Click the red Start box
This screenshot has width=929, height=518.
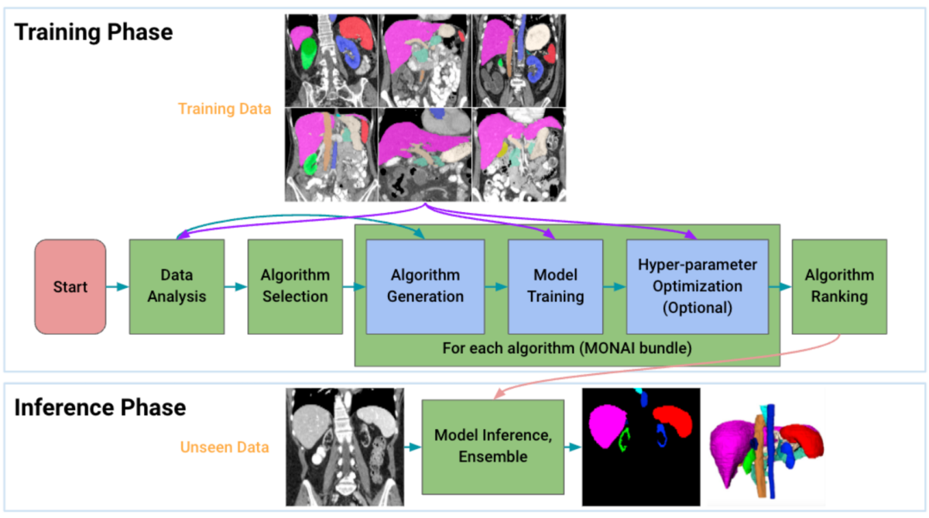70,286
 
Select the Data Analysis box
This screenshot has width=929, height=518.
177,286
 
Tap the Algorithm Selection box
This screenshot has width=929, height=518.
295,286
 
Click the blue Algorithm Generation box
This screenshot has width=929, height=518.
426,286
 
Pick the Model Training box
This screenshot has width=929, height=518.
555,286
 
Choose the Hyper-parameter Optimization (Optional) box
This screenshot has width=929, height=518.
697,286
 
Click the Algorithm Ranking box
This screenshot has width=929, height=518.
839,286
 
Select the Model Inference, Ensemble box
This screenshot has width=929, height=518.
492,447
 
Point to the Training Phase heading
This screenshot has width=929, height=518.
94,33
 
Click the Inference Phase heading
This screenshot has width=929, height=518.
101,407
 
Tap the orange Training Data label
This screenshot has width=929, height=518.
225,109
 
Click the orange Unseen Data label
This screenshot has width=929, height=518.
225,447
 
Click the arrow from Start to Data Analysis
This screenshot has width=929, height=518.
118,287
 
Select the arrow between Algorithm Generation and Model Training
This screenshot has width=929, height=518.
496,287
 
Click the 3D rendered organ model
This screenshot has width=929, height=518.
766,447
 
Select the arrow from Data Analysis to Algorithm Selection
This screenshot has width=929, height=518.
235,287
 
